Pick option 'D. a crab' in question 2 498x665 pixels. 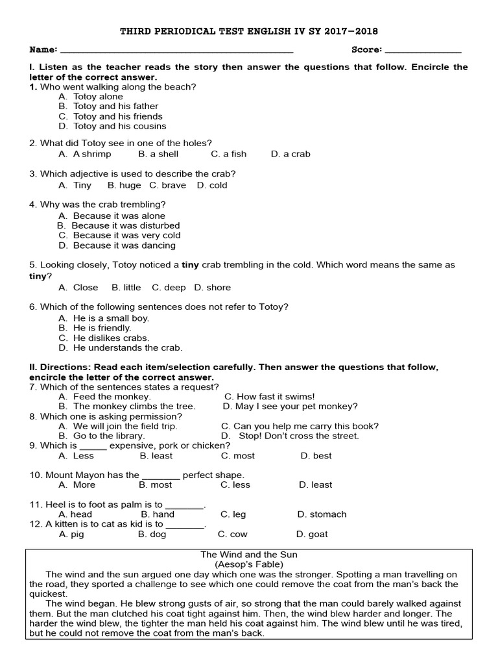tap(290, 154)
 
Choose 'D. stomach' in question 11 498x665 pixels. tap(322, 514)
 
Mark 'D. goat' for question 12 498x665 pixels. tap(312, 534)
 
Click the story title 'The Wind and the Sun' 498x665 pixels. tap(249, 555)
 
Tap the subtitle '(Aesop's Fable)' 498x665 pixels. tap(249, 565)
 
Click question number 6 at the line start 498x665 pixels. tap(32, 307)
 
